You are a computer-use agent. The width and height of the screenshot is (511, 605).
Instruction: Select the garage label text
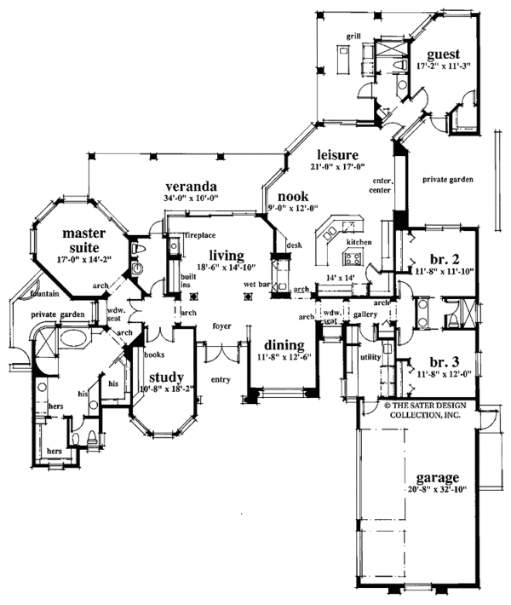tap(438, 477)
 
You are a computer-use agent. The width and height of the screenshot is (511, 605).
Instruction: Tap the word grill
tap(353, 37)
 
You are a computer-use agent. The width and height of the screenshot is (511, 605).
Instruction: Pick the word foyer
tap(224, 325)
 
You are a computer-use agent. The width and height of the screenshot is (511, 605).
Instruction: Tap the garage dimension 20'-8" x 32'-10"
tap(438, 490)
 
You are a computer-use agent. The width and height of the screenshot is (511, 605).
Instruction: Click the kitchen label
tap(356, 244)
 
